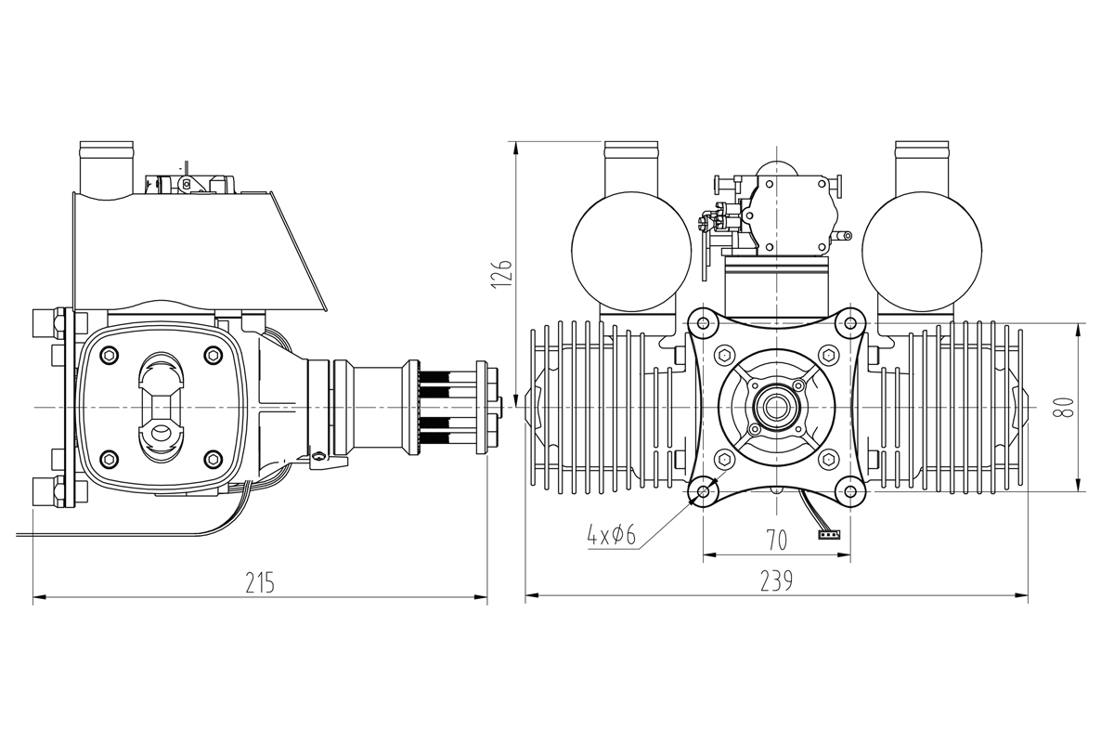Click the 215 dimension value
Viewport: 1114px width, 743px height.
pyautogui.click(x=260, y=582)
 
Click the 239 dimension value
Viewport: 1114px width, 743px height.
pyautogui.click(x=776, y=582)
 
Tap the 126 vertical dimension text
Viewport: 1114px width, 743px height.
pyautogui.click(x=502, y=274)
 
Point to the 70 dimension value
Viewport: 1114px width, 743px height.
pyautogui.click(x=776, y=539)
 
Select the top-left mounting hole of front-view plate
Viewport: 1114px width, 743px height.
pyautogui.click(x=704, y=323)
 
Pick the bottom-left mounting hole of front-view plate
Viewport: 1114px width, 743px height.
pyautogui.click(x=704, y=490)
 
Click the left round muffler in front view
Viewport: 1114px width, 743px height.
pyautogui.click(x=631, y=249)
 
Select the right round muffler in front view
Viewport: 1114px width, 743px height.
pyautogui.click(x=921, y=249)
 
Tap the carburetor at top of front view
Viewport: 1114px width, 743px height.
pyautogui.click(x=776, y=209)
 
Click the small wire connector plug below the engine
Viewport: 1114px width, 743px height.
pyautogui.click(x=829, y=534)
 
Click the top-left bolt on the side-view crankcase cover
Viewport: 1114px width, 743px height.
pyautogui.click(x=110, y=354)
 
